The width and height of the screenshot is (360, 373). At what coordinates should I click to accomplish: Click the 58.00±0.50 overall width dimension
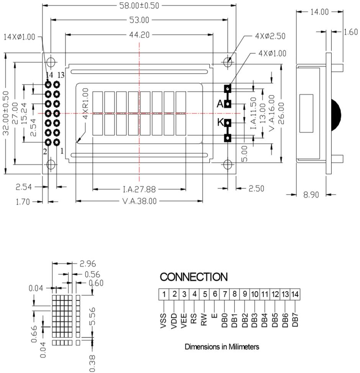139,6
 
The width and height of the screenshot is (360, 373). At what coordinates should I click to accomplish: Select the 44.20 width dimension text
139,35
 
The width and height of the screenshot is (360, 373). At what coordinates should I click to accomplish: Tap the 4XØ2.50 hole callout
270,36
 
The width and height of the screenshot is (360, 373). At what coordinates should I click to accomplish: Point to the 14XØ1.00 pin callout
19,37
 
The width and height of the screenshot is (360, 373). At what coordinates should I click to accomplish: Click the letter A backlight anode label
220,104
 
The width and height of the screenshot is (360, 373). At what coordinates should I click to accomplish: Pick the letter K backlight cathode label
220,123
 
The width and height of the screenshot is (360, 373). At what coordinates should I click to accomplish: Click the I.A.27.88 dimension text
139,189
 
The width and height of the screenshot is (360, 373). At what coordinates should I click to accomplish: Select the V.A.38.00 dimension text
139,201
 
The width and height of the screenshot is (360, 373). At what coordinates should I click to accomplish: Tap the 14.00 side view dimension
319,12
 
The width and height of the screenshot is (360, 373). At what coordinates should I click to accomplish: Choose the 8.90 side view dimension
311,195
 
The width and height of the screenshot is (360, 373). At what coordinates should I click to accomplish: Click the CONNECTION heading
193,277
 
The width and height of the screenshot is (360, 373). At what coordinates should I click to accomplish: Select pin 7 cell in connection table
225,294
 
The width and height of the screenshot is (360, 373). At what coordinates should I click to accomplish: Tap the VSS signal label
164,321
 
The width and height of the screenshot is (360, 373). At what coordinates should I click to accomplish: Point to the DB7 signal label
295,320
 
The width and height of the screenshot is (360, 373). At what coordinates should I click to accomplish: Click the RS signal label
194,318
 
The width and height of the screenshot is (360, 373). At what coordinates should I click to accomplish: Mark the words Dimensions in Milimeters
222,347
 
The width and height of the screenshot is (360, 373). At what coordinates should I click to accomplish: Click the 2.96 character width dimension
88,263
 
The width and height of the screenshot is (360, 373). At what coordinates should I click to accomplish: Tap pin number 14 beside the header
49,75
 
